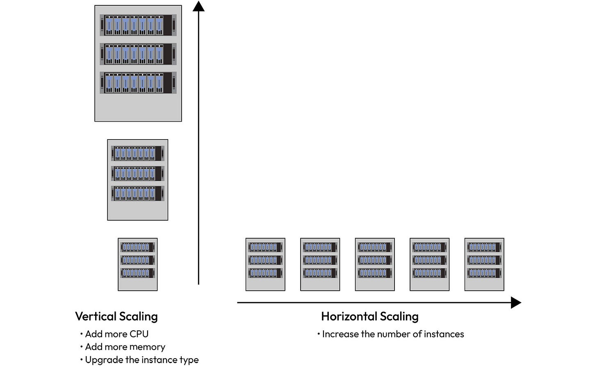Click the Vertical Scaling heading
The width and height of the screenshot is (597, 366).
click(116, 316)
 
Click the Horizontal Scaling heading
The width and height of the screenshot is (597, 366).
click(369, 316)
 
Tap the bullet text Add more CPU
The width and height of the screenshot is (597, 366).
click(116, 334)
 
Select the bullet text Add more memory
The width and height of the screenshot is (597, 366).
click(125, 347)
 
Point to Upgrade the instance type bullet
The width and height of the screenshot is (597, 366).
click(141, 360)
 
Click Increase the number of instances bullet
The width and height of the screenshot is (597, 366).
click(393, 334)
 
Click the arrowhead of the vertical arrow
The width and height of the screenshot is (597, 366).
click(198, 6)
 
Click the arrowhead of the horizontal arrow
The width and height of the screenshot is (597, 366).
click(516, 303)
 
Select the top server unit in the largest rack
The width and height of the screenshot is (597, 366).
click(138, 25)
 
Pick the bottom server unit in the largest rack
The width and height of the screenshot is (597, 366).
click(138, 83)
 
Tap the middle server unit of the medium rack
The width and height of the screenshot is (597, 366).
click(138, 174)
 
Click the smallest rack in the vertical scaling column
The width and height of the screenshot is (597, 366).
click(138, 264)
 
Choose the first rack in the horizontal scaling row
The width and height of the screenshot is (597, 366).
click(265, 264)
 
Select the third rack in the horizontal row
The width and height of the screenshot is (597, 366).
click(375, 264)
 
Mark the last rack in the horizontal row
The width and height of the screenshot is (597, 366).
click(484, 264)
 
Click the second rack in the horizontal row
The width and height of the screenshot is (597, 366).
click(320, 264)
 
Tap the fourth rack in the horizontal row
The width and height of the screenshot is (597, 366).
click(429, 264)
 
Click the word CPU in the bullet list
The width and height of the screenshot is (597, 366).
click(139, 334)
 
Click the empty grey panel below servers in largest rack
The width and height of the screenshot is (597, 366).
click(138, 107)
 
